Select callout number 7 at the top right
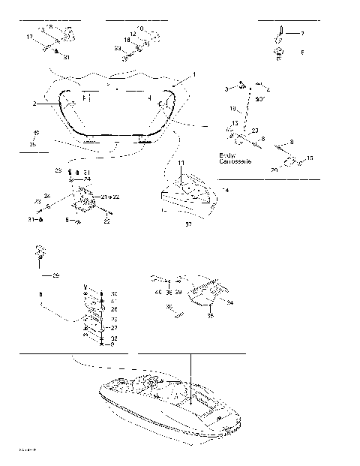[x=302, y=34]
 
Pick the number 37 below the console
[x=188, y=223]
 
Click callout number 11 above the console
[x=181, y=163]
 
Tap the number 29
[x=56, y=275]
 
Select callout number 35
[x=209, y=315]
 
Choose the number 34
[x=229, y=302]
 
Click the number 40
[x=158, y=291]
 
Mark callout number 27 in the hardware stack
[x=114, y=328]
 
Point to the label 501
[x=260, y=98]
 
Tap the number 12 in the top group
[x=133, y=35]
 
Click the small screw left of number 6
[x=279, y=53]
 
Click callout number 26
[x=114, y=308]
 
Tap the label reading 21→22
[x=110, y=196]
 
